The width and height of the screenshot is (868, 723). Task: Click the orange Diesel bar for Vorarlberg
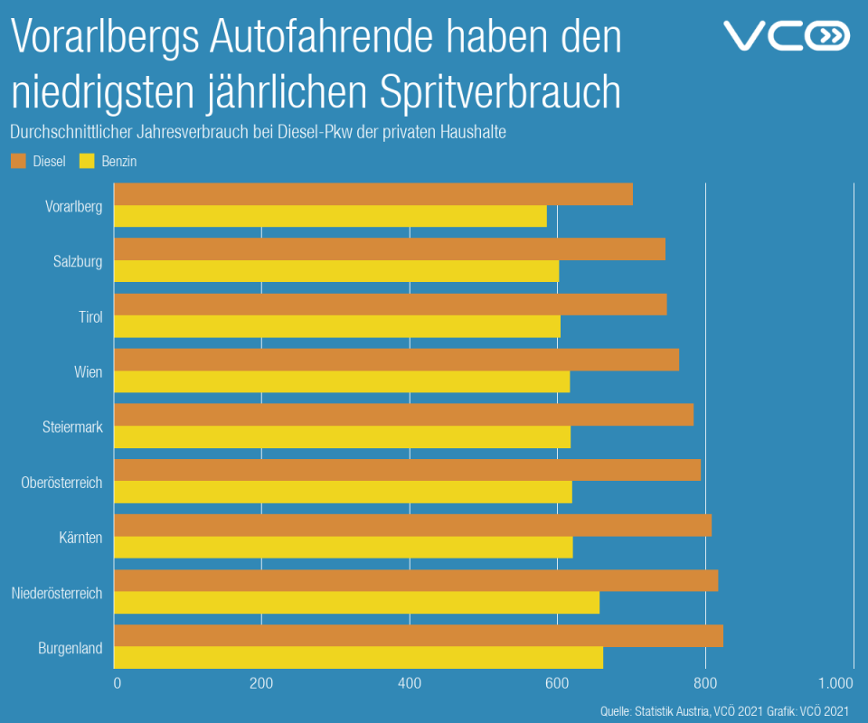coord(373,194)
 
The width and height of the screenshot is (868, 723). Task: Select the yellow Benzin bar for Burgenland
coord(358,658)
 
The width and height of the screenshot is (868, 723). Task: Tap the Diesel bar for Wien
coord(396,360)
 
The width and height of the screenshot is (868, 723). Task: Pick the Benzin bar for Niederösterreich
coord(356,603)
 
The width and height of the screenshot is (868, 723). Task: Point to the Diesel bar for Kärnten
coord(412,525)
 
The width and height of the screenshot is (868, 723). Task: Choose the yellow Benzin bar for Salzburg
coord(336,271)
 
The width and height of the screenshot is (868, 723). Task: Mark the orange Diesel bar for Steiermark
coord(403,415)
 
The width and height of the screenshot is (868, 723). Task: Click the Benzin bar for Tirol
coord(337,326)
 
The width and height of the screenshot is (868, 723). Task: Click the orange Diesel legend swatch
coord(18,162)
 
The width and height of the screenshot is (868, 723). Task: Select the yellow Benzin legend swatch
coord(87,162)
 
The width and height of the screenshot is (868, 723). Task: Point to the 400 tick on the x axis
coord(410,683)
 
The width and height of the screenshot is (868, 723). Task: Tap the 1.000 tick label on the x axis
coord(835,683)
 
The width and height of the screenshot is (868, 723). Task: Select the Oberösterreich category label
coord(61,483)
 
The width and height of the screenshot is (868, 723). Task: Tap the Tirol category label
coord(90,317)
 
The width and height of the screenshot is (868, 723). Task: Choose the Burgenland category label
coord(71,648)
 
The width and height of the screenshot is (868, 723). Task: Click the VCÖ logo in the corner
coord(787,36)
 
